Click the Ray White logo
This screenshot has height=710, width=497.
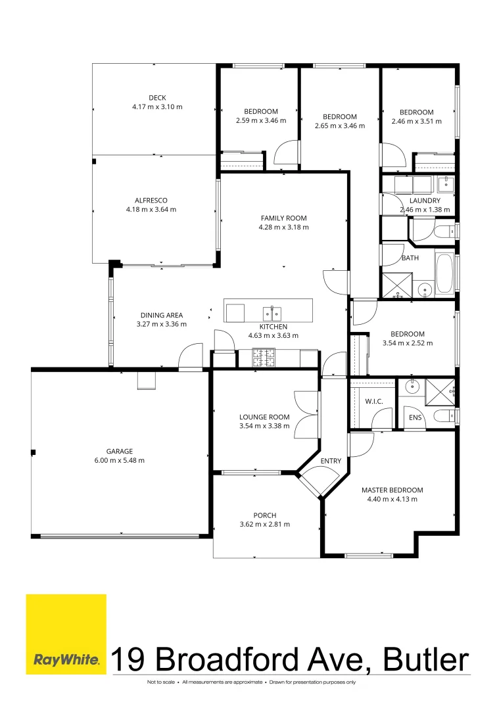(x=66, y=634)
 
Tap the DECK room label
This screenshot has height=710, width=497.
(x=158, y=98)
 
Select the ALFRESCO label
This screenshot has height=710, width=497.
(x=151, y=200)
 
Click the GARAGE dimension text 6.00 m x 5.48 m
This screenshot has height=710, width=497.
(x=120, y=460)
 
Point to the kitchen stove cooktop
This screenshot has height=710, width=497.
(x=264, y=358)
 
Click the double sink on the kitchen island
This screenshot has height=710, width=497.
(x=272, y=314)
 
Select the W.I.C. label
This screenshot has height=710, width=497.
(x=374, y=402)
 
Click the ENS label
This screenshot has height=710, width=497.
(x=415, y=417)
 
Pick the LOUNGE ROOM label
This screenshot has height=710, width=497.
(x=264, y=417)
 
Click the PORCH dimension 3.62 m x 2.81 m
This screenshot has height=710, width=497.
(x=265, y=525)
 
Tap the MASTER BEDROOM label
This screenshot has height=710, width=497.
(x=392, y=490)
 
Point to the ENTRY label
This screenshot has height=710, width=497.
(x=331, y=461)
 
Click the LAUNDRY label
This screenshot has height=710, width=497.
(x=425, y=201)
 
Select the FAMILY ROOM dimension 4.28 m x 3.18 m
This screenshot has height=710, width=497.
(x=284, y=227)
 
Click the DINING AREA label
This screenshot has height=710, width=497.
(x=162, y=315)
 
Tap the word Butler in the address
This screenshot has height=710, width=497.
(x=426, y=659)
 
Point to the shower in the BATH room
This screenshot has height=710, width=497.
(x=398, y=285)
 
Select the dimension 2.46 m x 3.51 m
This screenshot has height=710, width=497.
(x=416, y=122)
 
